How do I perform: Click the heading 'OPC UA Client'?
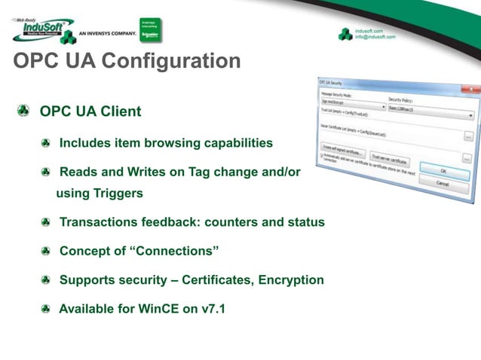click(90, 111)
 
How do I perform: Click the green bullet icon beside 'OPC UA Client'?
click(25, 111)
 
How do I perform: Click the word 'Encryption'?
click(291, 279)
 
